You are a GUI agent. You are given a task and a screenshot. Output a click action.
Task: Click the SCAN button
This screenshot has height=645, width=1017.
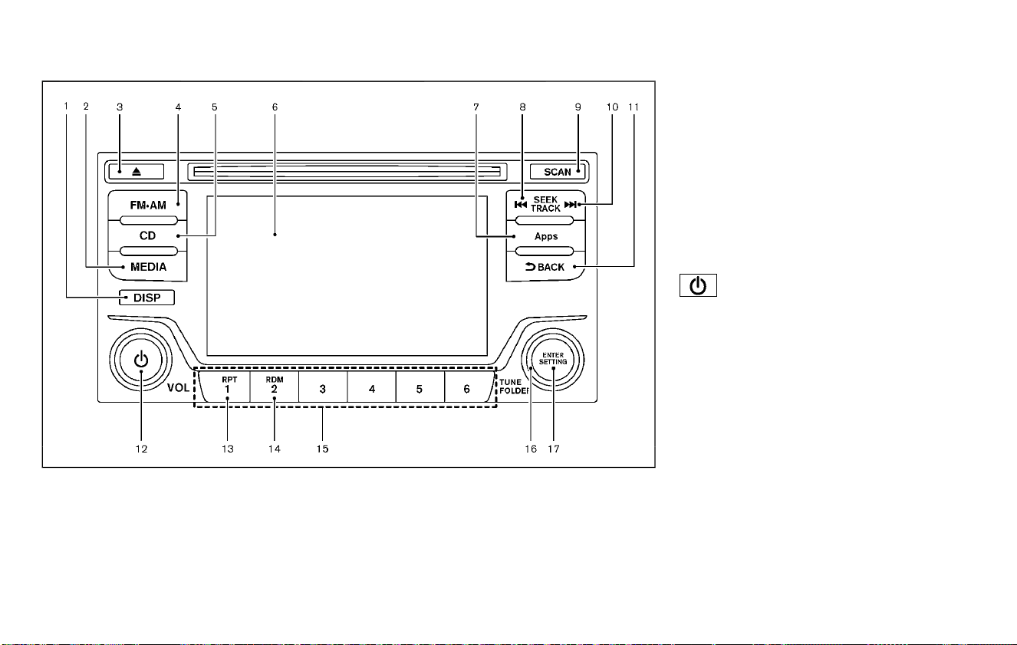coord(558,172)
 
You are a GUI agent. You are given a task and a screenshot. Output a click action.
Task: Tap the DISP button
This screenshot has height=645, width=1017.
coord(146,298)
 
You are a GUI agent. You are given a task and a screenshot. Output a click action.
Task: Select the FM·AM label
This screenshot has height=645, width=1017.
coord(148,206)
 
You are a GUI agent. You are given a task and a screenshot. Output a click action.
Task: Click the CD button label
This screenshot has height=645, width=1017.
coord(147,235)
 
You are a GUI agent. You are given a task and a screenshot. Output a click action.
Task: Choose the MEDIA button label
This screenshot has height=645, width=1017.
coord(149,267)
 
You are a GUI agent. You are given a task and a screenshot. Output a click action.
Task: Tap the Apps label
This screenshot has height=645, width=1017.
coord(546,236)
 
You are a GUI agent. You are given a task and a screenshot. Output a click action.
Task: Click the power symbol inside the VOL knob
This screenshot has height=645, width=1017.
coord(141,360)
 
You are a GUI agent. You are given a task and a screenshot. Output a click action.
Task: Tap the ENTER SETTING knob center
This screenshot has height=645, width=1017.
coord(553,359)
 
